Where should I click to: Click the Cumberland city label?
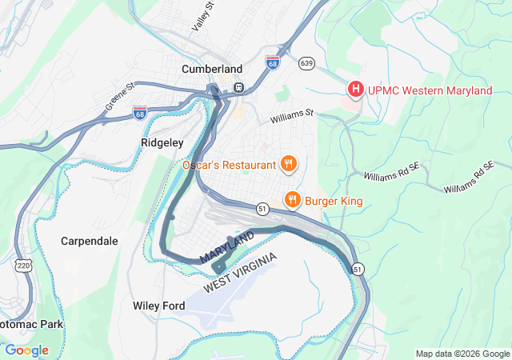tap(212, 69)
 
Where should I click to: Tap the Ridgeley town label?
tap(162, 142)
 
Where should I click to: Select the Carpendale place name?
tap(90, 241)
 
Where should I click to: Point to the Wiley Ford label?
tap(158, 306)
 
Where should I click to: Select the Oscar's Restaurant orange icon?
tap(289, 165)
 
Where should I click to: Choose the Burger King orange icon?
tap(294, 200)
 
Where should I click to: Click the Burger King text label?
tap(334, 200)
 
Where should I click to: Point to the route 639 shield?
tap(306, 62)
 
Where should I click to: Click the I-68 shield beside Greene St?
tap(140, 113)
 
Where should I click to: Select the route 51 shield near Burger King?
tap(262, 208)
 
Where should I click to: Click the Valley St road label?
tap(203, 17)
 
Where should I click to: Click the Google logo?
tap(26, 350)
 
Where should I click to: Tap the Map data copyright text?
tap(462, 354)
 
